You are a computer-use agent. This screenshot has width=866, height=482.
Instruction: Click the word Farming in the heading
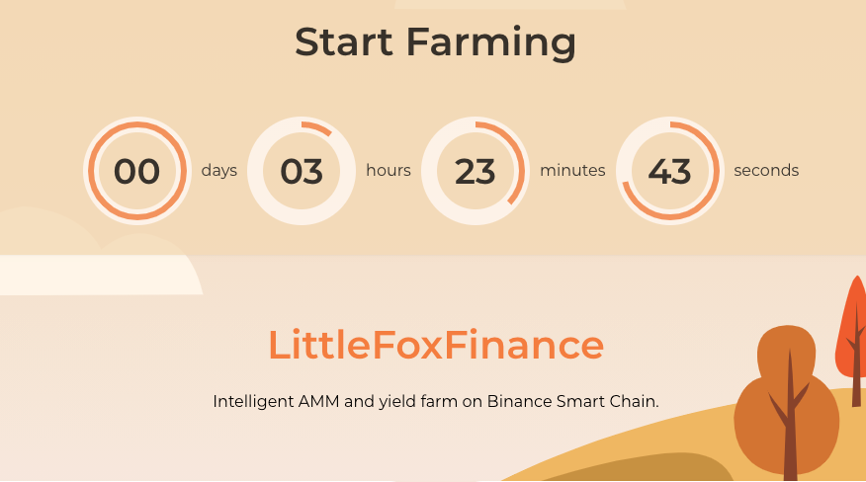pyautogui.click(x=491, y=42)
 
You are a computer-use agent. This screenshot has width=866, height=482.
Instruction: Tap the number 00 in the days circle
pyautogui.click(x=136, y=171)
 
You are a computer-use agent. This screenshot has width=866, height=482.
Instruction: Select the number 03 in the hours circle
pyautogui.click(x=302, y=171)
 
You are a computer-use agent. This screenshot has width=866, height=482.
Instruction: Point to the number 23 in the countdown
pyautogui.click(x=476, y=171)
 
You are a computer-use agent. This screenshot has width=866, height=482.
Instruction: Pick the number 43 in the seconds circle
pyautogui.click(x=669, y=171)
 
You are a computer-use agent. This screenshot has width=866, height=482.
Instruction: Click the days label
pyautogui.click(x=219, y=170)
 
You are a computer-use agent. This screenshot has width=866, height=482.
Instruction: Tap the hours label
pyautogui.click(x=389, y=170)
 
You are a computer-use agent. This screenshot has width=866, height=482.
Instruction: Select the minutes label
pyautogui.click(x=572, y=170)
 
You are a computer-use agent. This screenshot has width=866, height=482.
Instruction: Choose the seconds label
pyautogui.click(x=766, y=170)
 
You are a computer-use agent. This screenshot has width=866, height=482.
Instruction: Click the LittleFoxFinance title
pyautogui.click(x=436, y=345)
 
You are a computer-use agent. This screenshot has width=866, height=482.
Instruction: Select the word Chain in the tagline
pyautogui.click(x=634, y=402)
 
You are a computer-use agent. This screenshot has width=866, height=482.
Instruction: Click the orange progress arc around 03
pyautogui.click(x=318, y=127)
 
